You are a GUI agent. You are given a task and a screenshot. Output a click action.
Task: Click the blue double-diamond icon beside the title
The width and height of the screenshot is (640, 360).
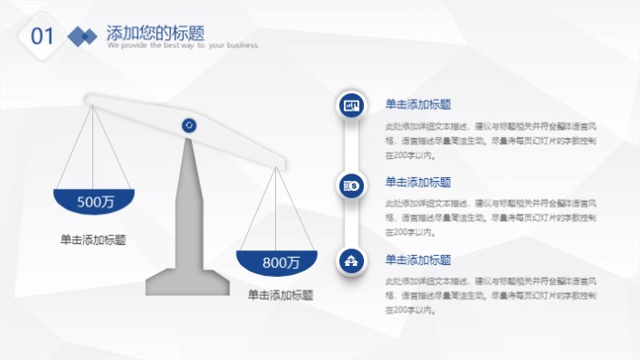(x=82, y=37)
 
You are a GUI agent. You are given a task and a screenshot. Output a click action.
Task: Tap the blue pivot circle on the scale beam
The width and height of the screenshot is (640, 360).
(x=189, y=125)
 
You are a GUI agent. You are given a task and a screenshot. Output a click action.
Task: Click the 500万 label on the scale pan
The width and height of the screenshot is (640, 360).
(x=94, y=201)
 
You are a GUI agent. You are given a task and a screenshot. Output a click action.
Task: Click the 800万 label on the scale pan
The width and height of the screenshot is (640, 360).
(x=281, y=262)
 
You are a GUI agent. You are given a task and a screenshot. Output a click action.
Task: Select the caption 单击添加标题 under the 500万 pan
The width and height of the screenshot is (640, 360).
(x=93, y=239)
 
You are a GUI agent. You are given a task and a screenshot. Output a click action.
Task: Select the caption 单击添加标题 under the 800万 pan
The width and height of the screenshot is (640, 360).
(x=281, y=295)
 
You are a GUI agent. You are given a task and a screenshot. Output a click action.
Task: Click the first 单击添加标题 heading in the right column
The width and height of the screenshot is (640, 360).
(x=418, y=104)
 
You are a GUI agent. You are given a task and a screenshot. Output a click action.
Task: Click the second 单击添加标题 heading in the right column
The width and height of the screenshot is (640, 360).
(x=418, y=182)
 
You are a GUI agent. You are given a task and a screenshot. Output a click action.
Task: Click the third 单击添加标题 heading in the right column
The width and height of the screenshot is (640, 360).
(x=418, y=259)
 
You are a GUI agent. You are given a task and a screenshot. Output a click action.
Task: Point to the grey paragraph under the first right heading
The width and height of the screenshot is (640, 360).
(x=490, y=141)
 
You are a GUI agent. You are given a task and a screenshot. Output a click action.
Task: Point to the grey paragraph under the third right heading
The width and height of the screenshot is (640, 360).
(x=490, y=295)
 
